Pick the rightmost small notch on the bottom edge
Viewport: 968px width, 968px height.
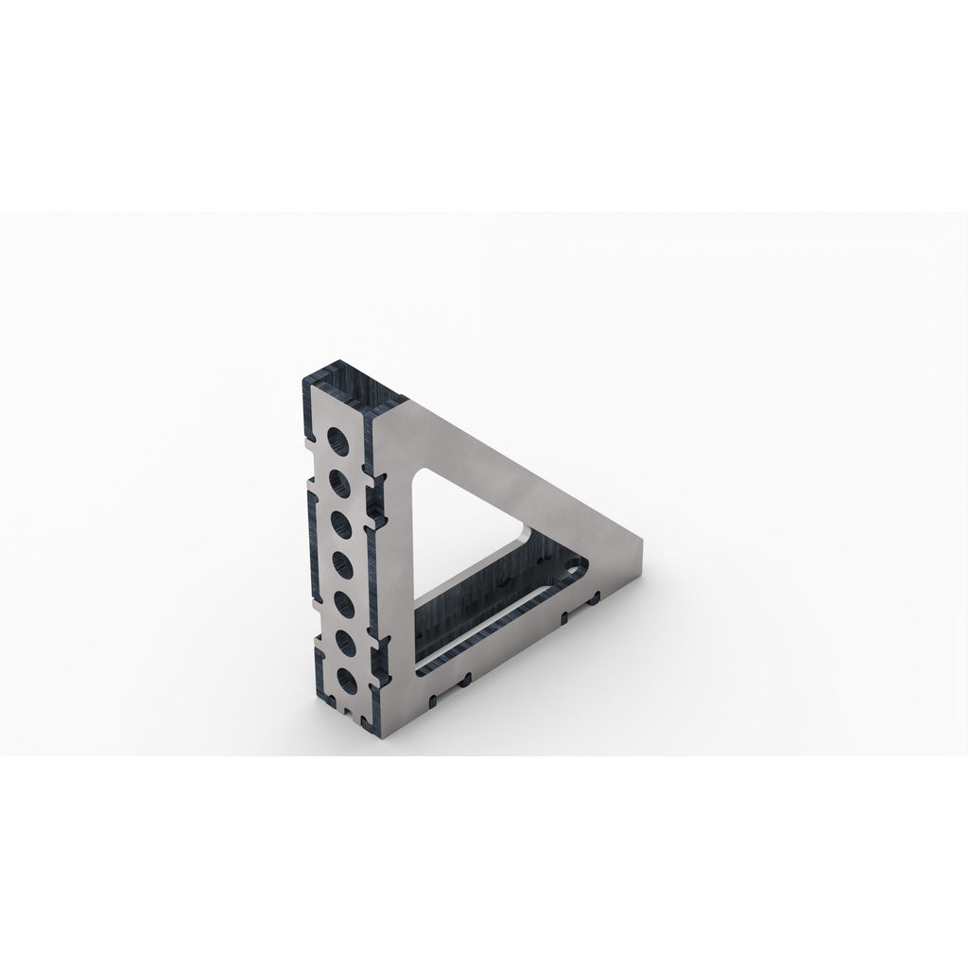click(595, 598)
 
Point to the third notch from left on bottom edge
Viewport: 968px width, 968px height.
click(564, 617)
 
